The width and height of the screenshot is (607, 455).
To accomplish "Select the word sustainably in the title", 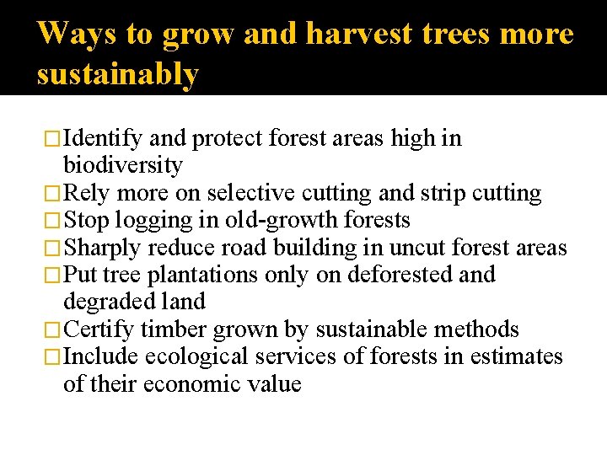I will point(118,74).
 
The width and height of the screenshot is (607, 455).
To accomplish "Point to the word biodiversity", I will point(122,165).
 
